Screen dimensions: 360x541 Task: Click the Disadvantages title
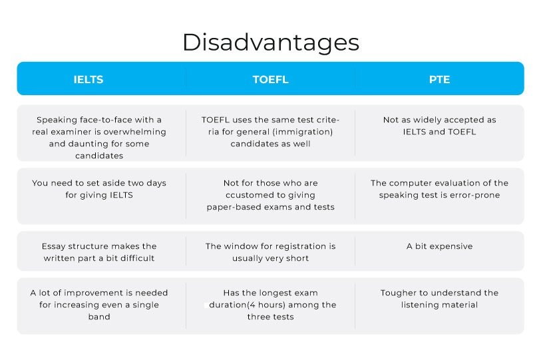(x=270, y=42)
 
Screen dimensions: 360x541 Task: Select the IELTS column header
(x=89, y=79)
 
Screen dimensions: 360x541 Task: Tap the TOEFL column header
(x=270, y=79)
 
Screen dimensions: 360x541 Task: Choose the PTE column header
(x=439, y=79)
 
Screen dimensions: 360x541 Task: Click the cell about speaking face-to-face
(x=99, y=138)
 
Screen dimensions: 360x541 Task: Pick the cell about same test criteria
(x=270, y=132)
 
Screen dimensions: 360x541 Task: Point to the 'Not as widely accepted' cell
(x=439, y=126)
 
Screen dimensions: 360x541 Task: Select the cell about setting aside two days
(x=99, y=189)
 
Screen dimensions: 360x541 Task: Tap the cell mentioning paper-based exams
(x=270, y=195)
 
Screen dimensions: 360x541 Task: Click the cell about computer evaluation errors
(x=439, y=189)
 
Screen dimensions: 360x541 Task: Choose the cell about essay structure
(x=99, y=252)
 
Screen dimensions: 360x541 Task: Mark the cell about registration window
(x=270, y=252)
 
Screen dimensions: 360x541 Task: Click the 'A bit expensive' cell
(x=439, y=246)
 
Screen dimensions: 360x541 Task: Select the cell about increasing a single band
(x=99, y=305)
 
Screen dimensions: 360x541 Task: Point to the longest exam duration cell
(x=270, y=305)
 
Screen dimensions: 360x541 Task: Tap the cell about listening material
(x=439, y=299)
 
